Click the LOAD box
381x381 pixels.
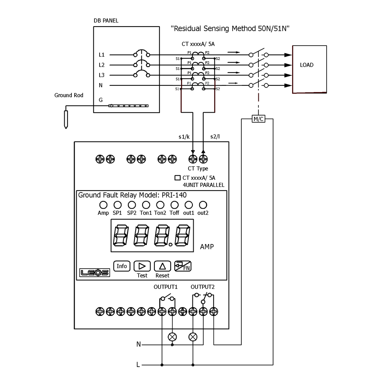(310, 69)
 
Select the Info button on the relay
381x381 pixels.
(122, 266)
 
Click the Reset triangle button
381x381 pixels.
(162, 266)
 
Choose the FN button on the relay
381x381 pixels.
(183, 266)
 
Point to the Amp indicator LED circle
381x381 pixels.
(103, 205)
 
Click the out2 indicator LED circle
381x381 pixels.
(203, 205)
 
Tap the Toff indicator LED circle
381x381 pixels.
(174, 205)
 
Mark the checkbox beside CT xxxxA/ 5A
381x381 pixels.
(177, 178)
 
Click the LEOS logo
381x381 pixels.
(92, 273)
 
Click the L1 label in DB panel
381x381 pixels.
(102, 55)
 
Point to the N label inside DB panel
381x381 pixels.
(101, 85)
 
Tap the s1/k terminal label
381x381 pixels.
(185, 137)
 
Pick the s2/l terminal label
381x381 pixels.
(215, 137)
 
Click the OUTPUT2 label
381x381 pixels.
(202, 287)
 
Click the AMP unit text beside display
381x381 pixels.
(207, 247)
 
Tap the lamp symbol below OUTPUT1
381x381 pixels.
(172, 337)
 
